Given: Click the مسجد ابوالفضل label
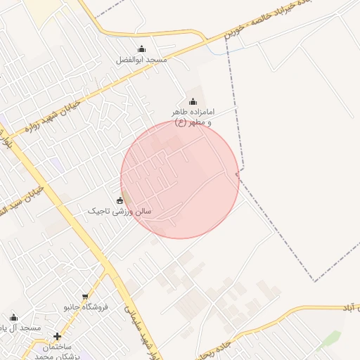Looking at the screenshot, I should point(142,60).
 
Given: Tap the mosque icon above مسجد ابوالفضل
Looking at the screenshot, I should point(142,49).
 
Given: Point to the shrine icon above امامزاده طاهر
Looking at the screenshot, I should point(193,102).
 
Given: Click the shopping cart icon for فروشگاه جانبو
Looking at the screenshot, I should point(86,297).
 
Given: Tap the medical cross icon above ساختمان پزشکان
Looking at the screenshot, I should point(57,336).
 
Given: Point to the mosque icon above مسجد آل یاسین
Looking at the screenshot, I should point(13,318).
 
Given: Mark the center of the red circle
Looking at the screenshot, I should point(180,179).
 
